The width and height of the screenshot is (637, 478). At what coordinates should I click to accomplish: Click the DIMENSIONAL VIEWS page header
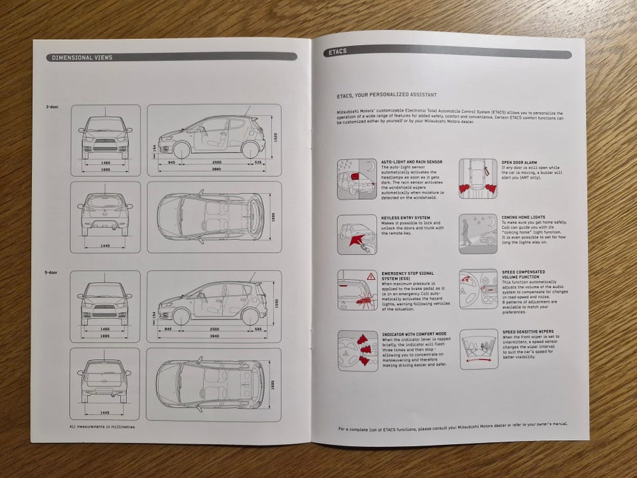(83, 58)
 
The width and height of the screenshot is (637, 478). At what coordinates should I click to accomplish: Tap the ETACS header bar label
(337, 51)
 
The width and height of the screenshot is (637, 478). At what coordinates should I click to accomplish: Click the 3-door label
(52, 107)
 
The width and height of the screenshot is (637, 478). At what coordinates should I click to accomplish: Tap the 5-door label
(52, 273)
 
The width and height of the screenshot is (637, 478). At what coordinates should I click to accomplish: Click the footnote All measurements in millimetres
(102, 427)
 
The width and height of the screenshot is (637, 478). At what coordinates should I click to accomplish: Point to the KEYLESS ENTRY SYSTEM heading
(406, 217)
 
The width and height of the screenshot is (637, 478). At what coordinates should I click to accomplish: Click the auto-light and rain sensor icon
(357, 179)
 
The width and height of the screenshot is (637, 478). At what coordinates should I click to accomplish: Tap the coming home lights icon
(478, 234)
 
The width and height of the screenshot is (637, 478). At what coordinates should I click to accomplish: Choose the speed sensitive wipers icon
(478, 349)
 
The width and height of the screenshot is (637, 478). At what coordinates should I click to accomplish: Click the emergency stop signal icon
(357, 290)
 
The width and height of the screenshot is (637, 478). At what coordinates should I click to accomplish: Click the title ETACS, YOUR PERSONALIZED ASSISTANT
(387, 95)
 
